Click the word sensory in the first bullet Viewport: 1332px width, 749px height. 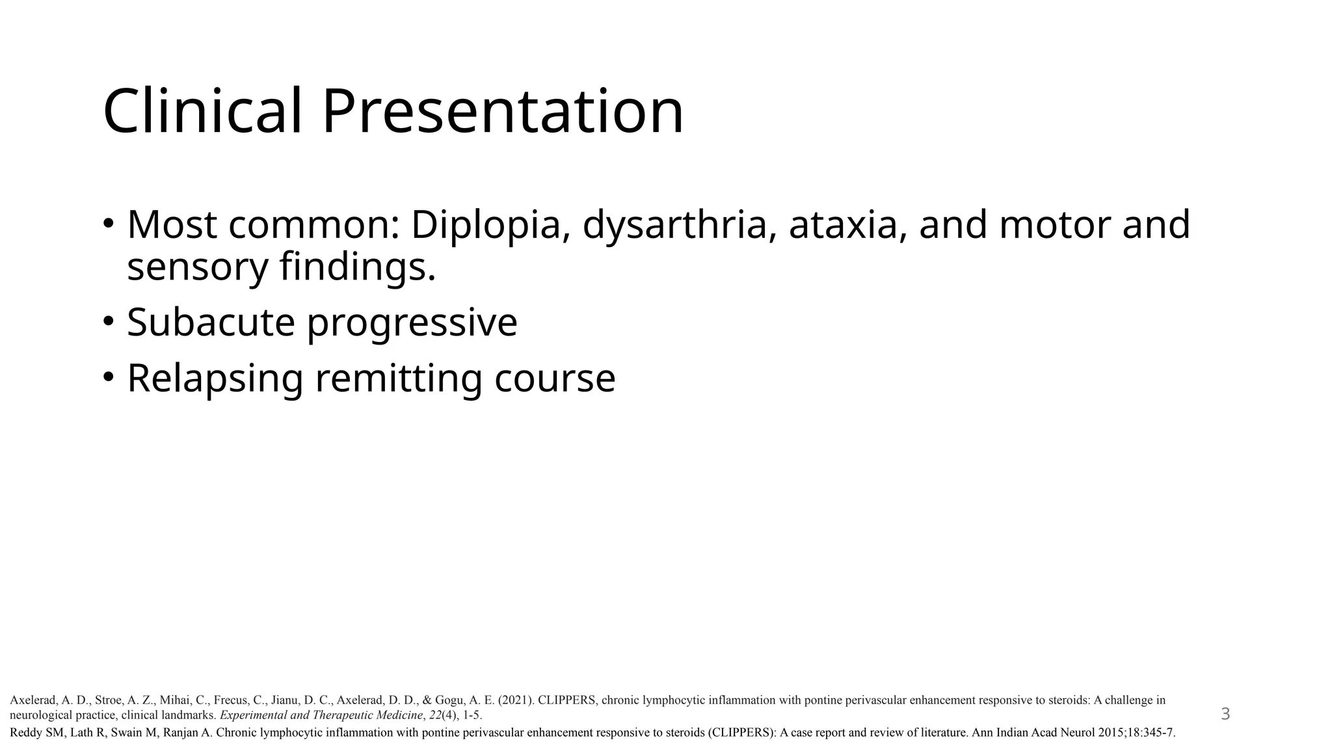tap(197, 267)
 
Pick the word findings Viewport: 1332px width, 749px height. tap(358, 267)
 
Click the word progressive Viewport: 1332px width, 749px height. tap(412, 323)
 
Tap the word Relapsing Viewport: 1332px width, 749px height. tap(215, 378)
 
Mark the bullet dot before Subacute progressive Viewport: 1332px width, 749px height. tap(109, 321)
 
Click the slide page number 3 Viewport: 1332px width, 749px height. tap(1225, 714)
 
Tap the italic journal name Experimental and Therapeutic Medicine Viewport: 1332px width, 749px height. tap(321, 715)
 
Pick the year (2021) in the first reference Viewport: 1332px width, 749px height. tap(516, 700)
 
